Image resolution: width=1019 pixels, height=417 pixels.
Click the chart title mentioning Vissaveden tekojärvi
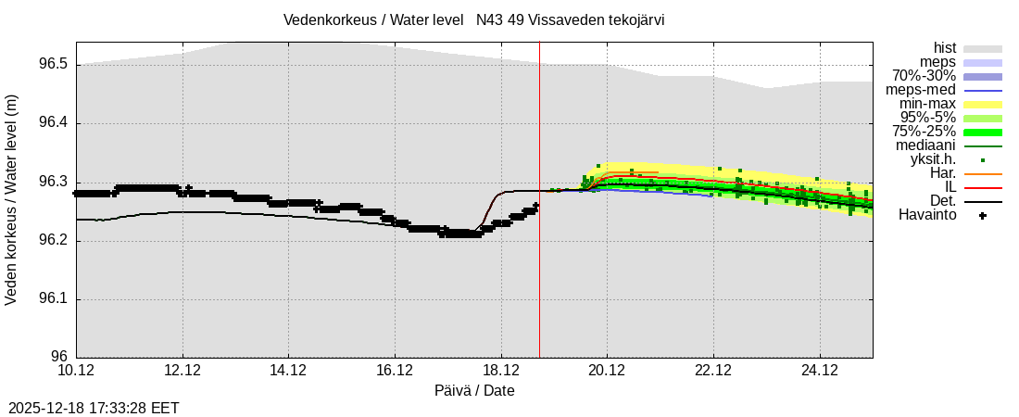click(x=473, y=19)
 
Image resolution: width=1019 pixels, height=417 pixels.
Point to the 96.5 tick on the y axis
click(x=54, y=65)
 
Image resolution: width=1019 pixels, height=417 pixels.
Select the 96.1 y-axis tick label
click(x=54, y=299)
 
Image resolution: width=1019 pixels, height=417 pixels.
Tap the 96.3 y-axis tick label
click(x=54, y=183)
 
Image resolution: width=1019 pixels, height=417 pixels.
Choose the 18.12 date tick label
click(x=501, y=371)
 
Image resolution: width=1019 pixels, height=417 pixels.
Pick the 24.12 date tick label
click(x=820, y=371)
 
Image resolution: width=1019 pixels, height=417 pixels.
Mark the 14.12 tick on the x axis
click(x=289, y=371)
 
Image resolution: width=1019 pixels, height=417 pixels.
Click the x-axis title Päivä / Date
click(x=474, y=391)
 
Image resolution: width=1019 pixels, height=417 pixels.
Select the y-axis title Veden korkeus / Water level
click(x=12, y=199)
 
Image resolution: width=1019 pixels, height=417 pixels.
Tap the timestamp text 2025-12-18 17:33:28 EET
click(x=94, y=408)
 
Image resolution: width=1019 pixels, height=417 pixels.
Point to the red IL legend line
click(x=982, y=187)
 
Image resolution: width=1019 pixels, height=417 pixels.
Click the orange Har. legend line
click(x=982, y=173)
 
